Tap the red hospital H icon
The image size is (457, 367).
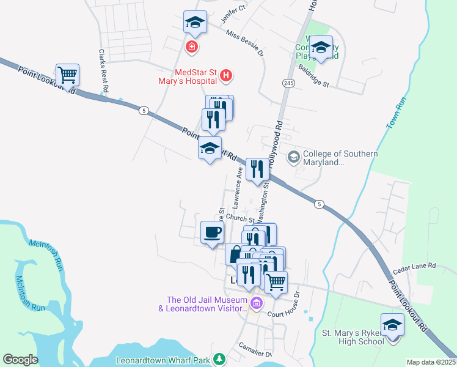tap(226, 75)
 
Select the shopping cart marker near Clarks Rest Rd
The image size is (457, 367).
tap(68, 75)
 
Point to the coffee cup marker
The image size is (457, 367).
tap(212, 232)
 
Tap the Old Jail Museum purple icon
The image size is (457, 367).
tap(256, 303)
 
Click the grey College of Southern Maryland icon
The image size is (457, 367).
tap(293, 157)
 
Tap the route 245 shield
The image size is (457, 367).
tap(288, 83)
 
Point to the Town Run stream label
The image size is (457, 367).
tap(396, 113)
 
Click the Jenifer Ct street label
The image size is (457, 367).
tap(233, 12)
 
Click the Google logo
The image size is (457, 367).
tap(20, 360)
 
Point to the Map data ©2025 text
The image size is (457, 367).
tap(431, 362)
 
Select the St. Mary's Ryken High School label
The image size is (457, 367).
tap(353, 337)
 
